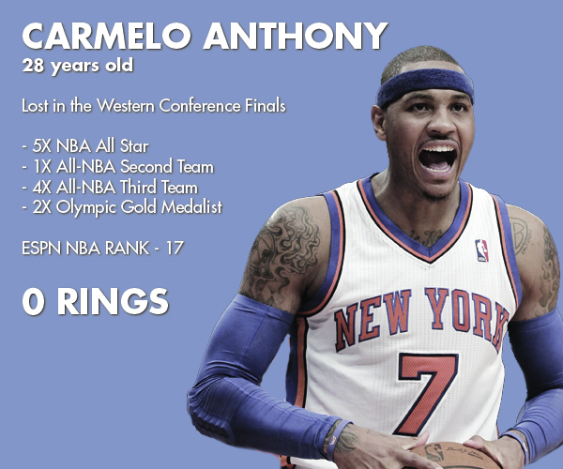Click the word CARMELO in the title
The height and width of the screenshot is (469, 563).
click(x=106, y=36)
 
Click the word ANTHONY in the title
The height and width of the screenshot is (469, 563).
click(x=296, y=36)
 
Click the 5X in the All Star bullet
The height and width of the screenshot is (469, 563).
click(x=41, y=146)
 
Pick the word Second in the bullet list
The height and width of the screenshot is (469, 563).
click(x=146, y=167)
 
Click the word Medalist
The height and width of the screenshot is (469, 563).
click(x=191, y=207)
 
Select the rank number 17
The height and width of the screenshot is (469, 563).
click(x=175, y=248)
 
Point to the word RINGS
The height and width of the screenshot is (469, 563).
click(x=113, y=302)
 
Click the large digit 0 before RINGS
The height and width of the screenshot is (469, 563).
click(x=34, y=302)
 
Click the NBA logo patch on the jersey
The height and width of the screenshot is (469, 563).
click(x=481, y=250)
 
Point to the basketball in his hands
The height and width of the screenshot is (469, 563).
click(x=453, y=456)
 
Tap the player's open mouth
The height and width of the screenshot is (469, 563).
click(x=437, y=159)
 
